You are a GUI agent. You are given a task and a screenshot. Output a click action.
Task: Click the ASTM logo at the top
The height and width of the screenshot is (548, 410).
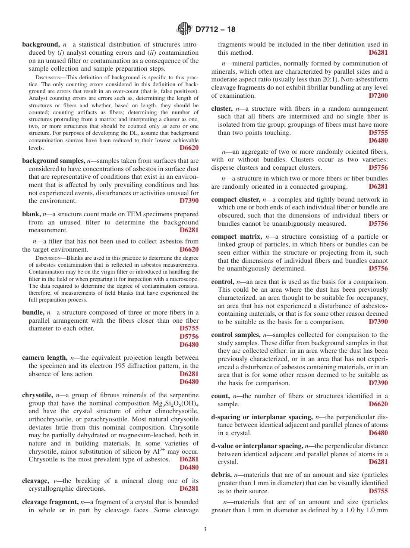click(x=184, y=29)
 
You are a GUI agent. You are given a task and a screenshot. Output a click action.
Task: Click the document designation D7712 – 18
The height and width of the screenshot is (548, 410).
click(x=215, y=30)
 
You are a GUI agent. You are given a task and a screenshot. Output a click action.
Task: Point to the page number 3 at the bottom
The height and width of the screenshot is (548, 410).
click(x=205, y=529)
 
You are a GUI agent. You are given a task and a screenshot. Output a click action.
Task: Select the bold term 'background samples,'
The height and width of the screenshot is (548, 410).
click(x=54, y=161)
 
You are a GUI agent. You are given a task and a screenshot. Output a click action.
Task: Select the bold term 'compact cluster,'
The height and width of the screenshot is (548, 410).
click(x=236, y=199)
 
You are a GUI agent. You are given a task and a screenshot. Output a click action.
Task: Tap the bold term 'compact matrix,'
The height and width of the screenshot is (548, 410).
click(x=237, y=237)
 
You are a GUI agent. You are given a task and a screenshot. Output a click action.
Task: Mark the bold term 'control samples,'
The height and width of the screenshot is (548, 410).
click(x=236, y=335)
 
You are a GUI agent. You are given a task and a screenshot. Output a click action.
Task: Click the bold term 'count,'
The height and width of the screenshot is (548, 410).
click(x=220, y=396)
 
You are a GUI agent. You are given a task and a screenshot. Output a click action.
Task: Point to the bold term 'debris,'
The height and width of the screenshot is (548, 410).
click(x=222, y=475)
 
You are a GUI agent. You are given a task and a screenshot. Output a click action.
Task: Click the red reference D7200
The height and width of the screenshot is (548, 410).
click(x=378, y=96)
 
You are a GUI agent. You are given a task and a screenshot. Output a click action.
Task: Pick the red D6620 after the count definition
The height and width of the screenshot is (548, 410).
click(x=378, y=404)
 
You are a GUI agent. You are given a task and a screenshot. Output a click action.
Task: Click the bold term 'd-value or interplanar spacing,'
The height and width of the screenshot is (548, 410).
click(x=257, y=446)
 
